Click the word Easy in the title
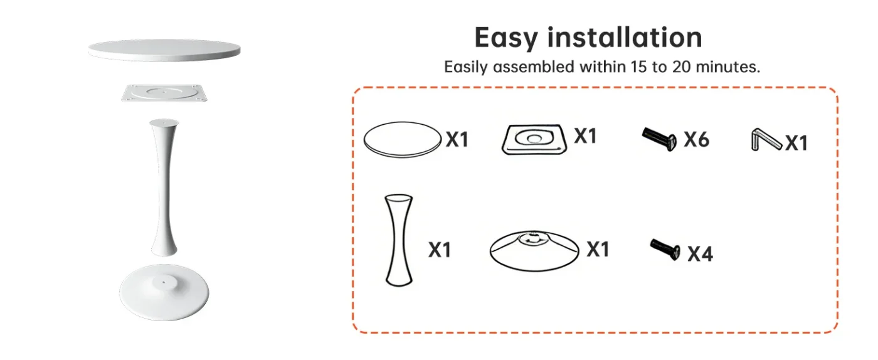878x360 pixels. point(506,38)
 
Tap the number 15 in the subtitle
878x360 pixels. point(639,66)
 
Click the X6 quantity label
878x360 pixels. point(697,140)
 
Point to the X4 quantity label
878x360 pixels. point(701,254)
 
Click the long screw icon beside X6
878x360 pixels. point(659,139)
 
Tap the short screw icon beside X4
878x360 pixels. point(665,250)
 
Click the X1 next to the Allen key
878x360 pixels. point(796,143)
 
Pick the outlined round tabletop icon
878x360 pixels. point(403,140)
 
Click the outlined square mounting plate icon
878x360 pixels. point(534,140)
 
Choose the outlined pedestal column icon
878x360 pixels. point(399,240)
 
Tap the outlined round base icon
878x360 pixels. point(534,251)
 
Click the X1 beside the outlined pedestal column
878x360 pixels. point(440,250)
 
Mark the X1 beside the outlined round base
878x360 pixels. point(598,249)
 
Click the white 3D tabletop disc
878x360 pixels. point(164,50)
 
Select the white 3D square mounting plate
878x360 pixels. point(164,93)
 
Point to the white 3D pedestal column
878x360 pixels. point(164,188)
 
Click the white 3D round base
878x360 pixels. point(164,292)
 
